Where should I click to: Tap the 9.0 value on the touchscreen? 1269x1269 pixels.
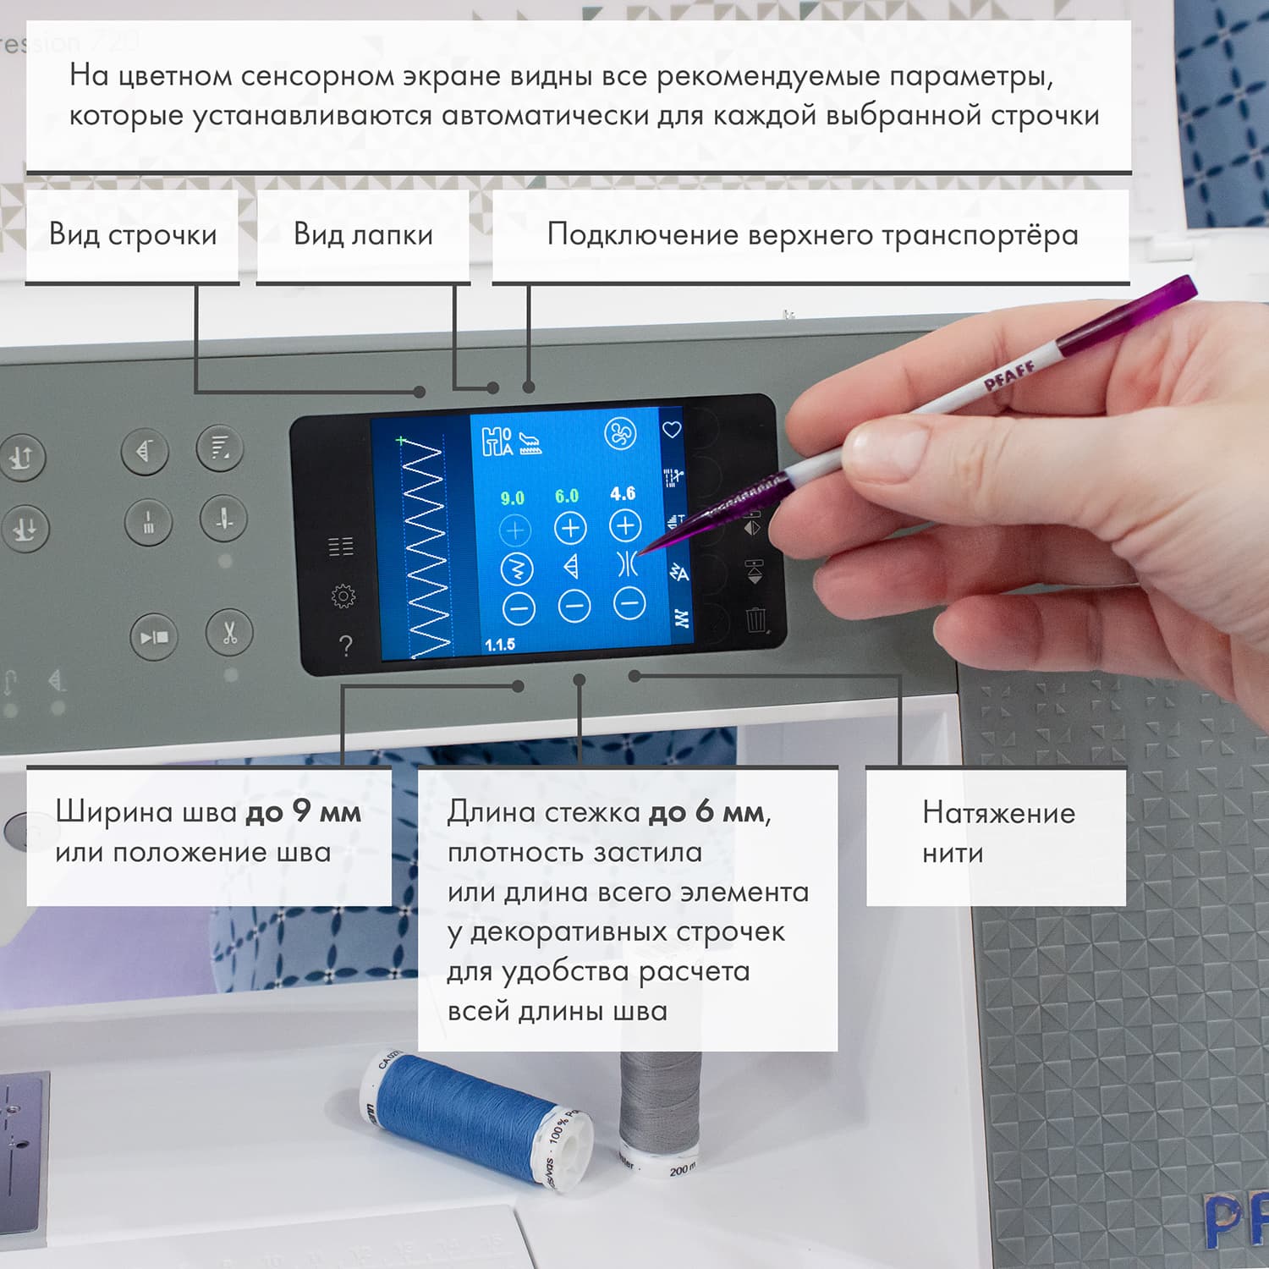pyautogui.click(x=512, y=498)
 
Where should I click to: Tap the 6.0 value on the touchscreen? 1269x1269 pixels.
pyautogui.click(x=567, y=496)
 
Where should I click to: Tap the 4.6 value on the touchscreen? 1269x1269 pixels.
pyautogui.click(x=623, y=493)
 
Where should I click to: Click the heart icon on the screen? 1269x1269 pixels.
pyautogui.click(x=672, y=430)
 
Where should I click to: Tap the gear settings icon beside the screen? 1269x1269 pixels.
pyautogui.click(x=343, y=596)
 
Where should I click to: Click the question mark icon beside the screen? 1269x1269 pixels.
pyautogui.click(x=345, y=646)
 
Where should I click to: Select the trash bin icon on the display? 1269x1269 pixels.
pyautogui.click(x=756, y=619)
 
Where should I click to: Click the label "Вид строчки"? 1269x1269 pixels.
pyautogui.click(x=133, y=234)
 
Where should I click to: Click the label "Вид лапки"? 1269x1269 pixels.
pyautogui.click(x=363, y=234)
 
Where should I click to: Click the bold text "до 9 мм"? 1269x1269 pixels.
pyautogui.click(x=303, y=812)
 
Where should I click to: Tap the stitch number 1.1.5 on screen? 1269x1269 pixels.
pyautogui.click(x=500, y=645)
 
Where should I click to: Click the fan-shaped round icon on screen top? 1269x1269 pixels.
pyautogui.click(x=620, y=434)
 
